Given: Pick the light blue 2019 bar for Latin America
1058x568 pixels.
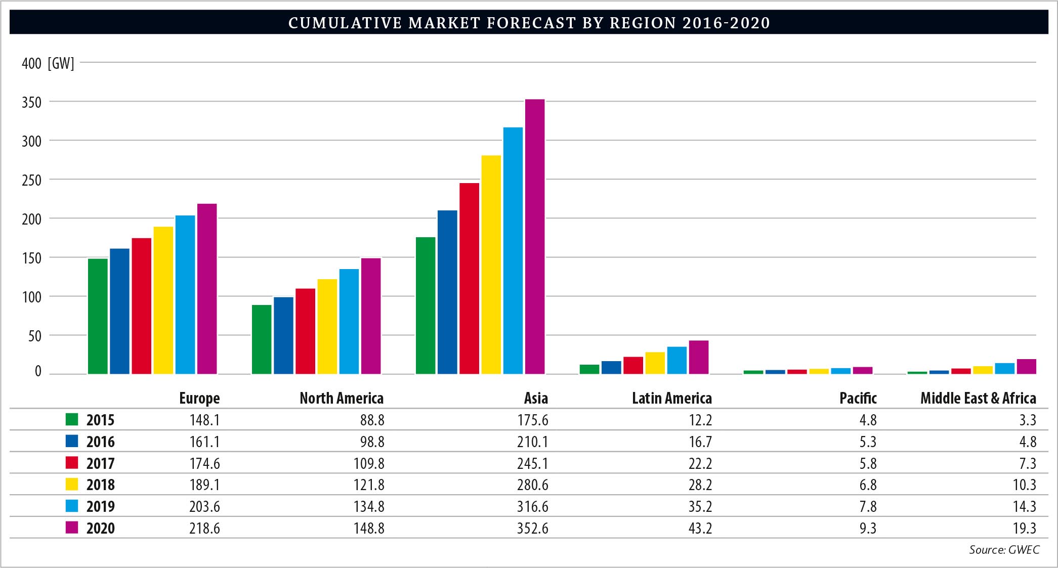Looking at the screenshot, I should click(x=677, y=360).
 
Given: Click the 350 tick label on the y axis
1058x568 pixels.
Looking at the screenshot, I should click(x=31, y=103).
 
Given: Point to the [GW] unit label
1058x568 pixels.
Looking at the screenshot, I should click(x=61, y=64).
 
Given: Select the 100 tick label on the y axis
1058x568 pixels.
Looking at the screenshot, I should click(x=31, y=297).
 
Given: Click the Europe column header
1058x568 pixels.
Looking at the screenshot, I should click(x=199, y=399).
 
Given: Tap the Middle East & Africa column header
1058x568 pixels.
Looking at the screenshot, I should click(x=978, y=399).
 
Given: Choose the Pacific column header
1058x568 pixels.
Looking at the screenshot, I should click(x=858, y=399).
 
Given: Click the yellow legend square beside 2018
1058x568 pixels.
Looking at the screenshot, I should click(x=72, y=485).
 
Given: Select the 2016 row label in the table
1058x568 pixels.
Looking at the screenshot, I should click(x=100, y=442).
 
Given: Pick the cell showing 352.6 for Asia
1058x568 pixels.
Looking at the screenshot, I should click(x=532, y=529).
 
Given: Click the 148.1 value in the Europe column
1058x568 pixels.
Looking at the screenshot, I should click(x=204, y=420).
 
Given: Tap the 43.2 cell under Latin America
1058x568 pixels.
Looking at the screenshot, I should click(x=700, y=529).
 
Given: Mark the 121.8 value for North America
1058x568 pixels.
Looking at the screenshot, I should click(x=369, y=485).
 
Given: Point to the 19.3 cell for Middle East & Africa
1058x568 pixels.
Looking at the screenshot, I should click(x=1025, y=529).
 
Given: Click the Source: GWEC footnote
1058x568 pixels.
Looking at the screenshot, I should click(x=1004, y=550).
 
